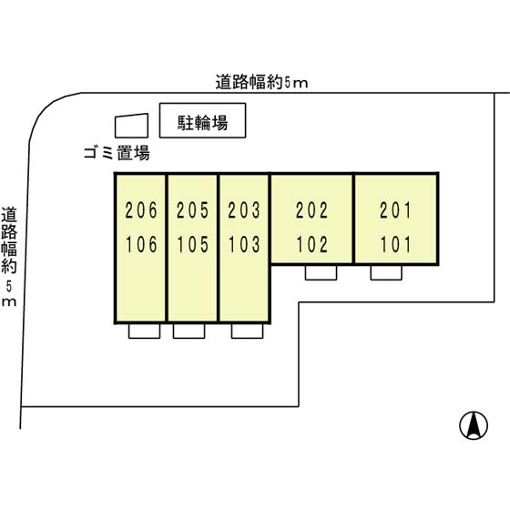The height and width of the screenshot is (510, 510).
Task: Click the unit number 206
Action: [x=141, y=210]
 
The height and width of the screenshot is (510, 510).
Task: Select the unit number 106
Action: [x=141, y=244]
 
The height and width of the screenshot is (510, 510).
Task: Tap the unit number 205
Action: [x=192, y=210]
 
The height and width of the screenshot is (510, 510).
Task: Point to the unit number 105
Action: [x=192, y=244]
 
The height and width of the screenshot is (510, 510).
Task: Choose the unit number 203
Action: [x=244, y=210]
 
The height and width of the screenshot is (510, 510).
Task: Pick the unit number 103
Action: [x=244, y=244]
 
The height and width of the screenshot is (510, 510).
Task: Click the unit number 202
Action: [x=311, y=210]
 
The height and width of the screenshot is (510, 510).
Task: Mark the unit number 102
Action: [x=311, y=244]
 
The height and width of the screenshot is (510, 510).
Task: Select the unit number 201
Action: [x=395, y=210]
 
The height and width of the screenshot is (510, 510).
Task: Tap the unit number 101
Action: [x=395, y=244]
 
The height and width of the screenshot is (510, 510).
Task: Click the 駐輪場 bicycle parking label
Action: [x=202, y=123]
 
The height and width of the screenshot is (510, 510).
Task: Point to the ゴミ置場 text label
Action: [x=117, y=153]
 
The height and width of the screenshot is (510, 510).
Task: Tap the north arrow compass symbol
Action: [x=474, y=425]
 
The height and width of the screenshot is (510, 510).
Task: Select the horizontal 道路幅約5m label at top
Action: [x=262, y=82]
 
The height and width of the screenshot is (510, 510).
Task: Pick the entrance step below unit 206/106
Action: [x=144, y=331]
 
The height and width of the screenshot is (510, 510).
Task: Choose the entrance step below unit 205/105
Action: [x=189, y=331]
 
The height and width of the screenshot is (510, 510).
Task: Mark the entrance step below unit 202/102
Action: [x=321, y=272]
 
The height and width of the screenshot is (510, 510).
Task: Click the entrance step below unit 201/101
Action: [x=386, y=272]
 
